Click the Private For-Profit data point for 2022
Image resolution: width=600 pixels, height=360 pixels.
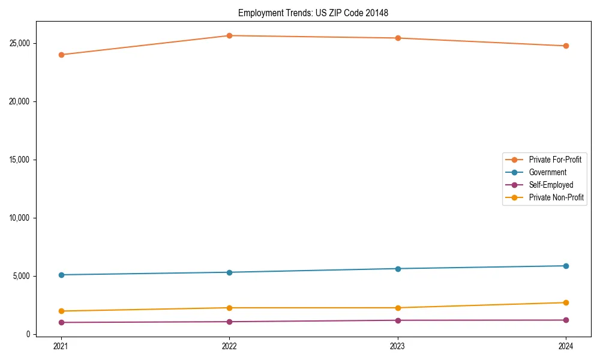tap(229, 35)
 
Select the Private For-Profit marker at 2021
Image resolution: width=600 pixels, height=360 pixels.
tap(61, 55)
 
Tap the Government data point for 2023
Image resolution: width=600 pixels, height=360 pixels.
tap(398, 268)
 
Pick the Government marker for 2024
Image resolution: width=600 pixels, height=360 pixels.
tap(566, 266)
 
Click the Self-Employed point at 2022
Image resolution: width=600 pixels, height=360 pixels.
tap(229, 322)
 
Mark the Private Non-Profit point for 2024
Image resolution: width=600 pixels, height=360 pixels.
tap(566, 302)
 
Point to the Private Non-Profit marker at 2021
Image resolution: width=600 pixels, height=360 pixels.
tap(61, 311)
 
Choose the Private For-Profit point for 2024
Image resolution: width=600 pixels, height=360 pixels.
tap(566, 46)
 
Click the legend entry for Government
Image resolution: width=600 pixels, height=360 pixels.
tap(547, 172)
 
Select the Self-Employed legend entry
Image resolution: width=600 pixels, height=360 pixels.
tap(551, 185)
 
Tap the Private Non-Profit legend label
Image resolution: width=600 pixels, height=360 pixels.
tap(556, 197)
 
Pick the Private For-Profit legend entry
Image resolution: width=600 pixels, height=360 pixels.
tap(555, 160)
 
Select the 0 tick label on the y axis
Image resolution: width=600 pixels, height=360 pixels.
tap(28, 334)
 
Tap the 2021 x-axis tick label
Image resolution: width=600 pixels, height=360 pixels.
tap(61, 346)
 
